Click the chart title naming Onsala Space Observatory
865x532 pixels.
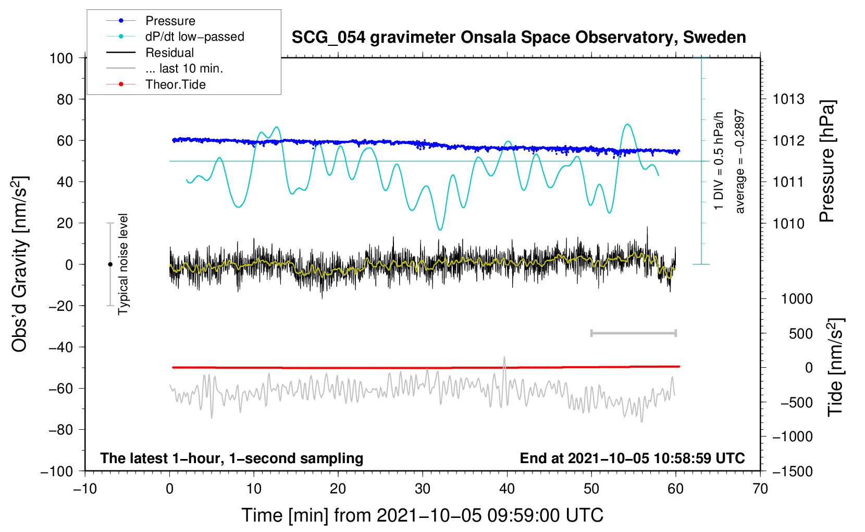(x=518, y=38)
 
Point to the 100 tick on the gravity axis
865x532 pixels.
(x=61, y=58)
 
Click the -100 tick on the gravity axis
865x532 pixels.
(x=57, y=471)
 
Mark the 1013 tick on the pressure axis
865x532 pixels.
(x=788, y=99)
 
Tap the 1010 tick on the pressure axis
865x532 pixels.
(x=788, y=223)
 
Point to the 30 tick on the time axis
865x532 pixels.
(x=423, y=489)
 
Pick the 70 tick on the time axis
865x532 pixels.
(x=760, y=489)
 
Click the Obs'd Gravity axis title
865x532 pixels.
(x=20, y=264)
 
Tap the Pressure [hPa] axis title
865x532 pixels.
(x=827, y=161)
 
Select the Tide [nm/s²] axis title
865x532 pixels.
(x=835, y=367)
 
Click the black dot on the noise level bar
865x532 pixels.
(x=110, y=264)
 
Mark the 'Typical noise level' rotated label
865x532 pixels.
(x=123, y=264)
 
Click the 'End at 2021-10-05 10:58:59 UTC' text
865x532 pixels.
(x=632, y=458)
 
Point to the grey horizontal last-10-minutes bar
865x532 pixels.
(x=633, y=333)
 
